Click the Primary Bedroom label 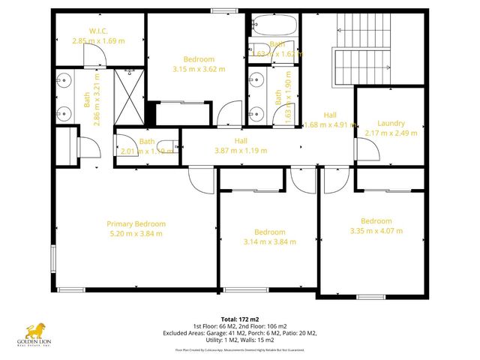coord(136,223)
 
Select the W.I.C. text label coord(100,31)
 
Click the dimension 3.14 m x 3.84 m coord(269,241)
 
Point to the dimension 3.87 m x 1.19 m coord(241,150)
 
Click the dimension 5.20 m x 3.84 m coord(136,233)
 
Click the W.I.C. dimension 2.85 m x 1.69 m coord(97,40)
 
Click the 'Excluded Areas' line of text coord(240,334)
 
